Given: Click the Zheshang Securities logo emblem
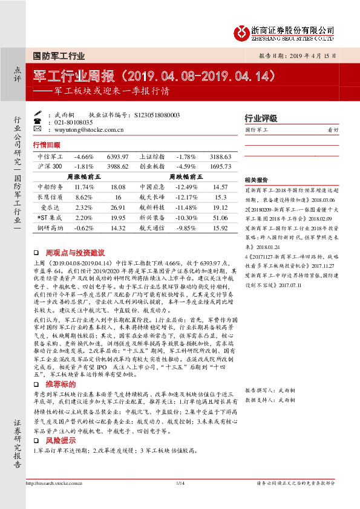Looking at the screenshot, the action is click(x=243, y=32).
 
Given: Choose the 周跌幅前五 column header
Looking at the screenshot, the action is click(x=185, y=177).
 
